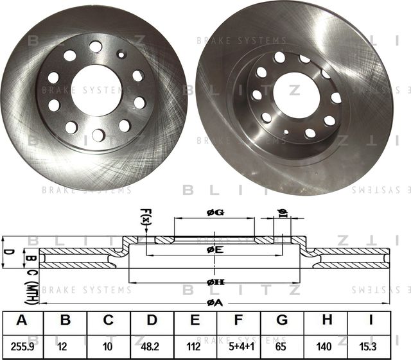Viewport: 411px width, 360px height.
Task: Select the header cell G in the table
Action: [x=281, y=321]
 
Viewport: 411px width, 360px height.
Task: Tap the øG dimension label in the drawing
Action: [x=215, y=212]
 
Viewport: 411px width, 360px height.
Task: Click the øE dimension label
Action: [x=215, y=250]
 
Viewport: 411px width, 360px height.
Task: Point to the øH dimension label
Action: [x=215, y=282]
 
